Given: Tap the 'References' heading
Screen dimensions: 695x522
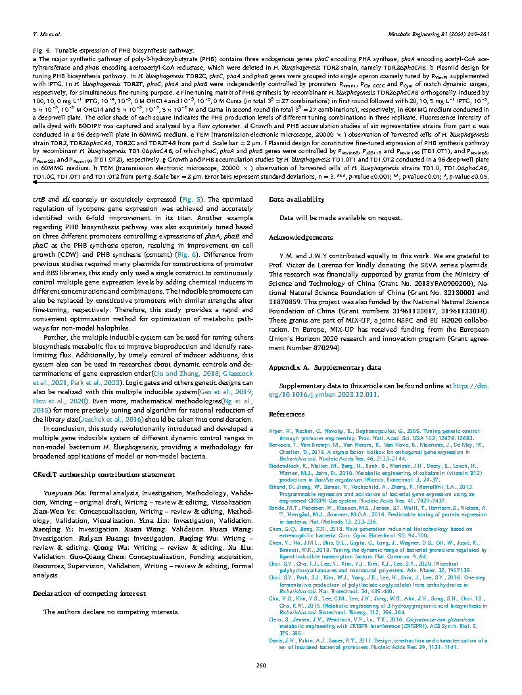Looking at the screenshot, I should coord(287,414).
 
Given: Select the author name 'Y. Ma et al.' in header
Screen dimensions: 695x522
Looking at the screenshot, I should coord(47,32).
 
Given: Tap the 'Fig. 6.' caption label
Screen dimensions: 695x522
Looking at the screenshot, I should coord(43,50).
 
